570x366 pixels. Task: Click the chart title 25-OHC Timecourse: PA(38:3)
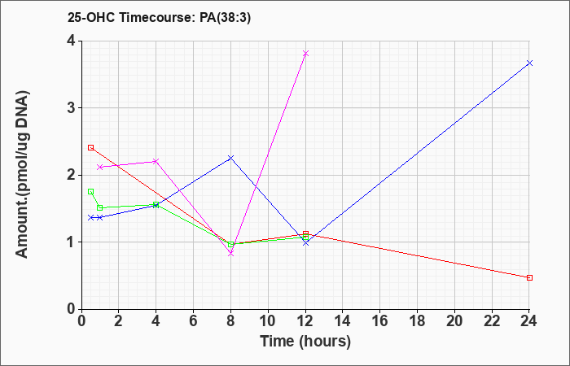click(x=160, y=18)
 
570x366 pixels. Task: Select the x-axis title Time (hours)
click(x=305, y=342)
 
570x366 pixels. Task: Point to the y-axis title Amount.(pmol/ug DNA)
click(x=23, y=175)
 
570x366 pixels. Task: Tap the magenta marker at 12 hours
click(x=305, y=54)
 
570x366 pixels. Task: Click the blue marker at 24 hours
click(x=529, y=63)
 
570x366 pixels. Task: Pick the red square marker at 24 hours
click(x=529, y=278)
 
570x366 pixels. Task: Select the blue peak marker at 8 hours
click(x=230, y=158)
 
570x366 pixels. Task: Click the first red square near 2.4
click(x=91, y=147)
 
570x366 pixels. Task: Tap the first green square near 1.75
click(x=91, y=191)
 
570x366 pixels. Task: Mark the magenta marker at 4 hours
click(x=156, y=161)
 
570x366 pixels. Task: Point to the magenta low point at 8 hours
click(x=230, y=254)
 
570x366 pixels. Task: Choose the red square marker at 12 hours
click(x=305, y=234)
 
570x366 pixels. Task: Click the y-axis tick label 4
click(x=71, y=41)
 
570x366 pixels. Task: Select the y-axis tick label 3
click(x=71, y=108)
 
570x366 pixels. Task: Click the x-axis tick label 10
click(x=268, y=321)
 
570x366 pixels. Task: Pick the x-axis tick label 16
click(x=380, y=321)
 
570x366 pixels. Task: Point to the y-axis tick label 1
click(x=71, y=242)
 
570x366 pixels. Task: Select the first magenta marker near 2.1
click(x=100, y=167)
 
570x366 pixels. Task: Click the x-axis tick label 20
click(x=454, y=321)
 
